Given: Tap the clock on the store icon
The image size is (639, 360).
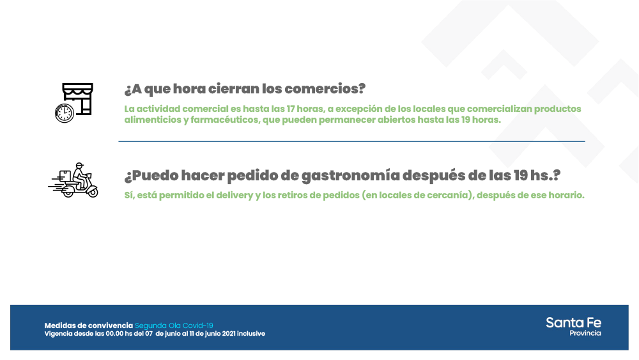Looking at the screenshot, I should [64, 113].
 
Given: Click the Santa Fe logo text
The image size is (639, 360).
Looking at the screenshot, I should [573, 322].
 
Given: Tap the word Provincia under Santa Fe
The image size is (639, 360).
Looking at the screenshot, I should [585, 333].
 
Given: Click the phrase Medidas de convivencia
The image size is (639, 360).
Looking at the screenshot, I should [89, 325].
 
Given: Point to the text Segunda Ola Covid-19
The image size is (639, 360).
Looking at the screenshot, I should [174, 325].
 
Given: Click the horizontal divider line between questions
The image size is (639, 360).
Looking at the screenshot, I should [351, 141].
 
